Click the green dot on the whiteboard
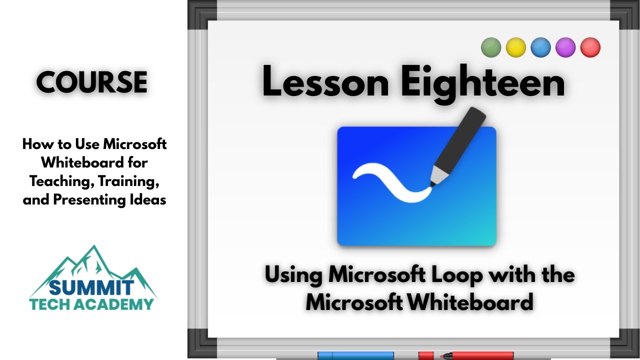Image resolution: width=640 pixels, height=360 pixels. click(491, 47)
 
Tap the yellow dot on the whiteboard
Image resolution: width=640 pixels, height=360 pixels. click(516, 47)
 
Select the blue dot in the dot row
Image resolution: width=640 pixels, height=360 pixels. click(540, 47)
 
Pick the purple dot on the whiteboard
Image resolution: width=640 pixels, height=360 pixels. click(565, 47)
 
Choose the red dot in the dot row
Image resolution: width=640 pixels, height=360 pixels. click(590, 47)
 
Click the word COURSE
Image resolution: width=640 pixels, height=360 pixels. click(92, 82)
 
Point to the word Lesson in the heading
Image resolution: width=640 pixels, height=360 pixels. click(325, 82)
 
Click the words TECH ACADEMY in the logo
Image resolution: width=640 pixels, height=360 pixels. click(92, 303)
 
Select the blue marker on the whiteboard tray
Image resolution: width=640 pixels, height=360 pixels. click(355, 355)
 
